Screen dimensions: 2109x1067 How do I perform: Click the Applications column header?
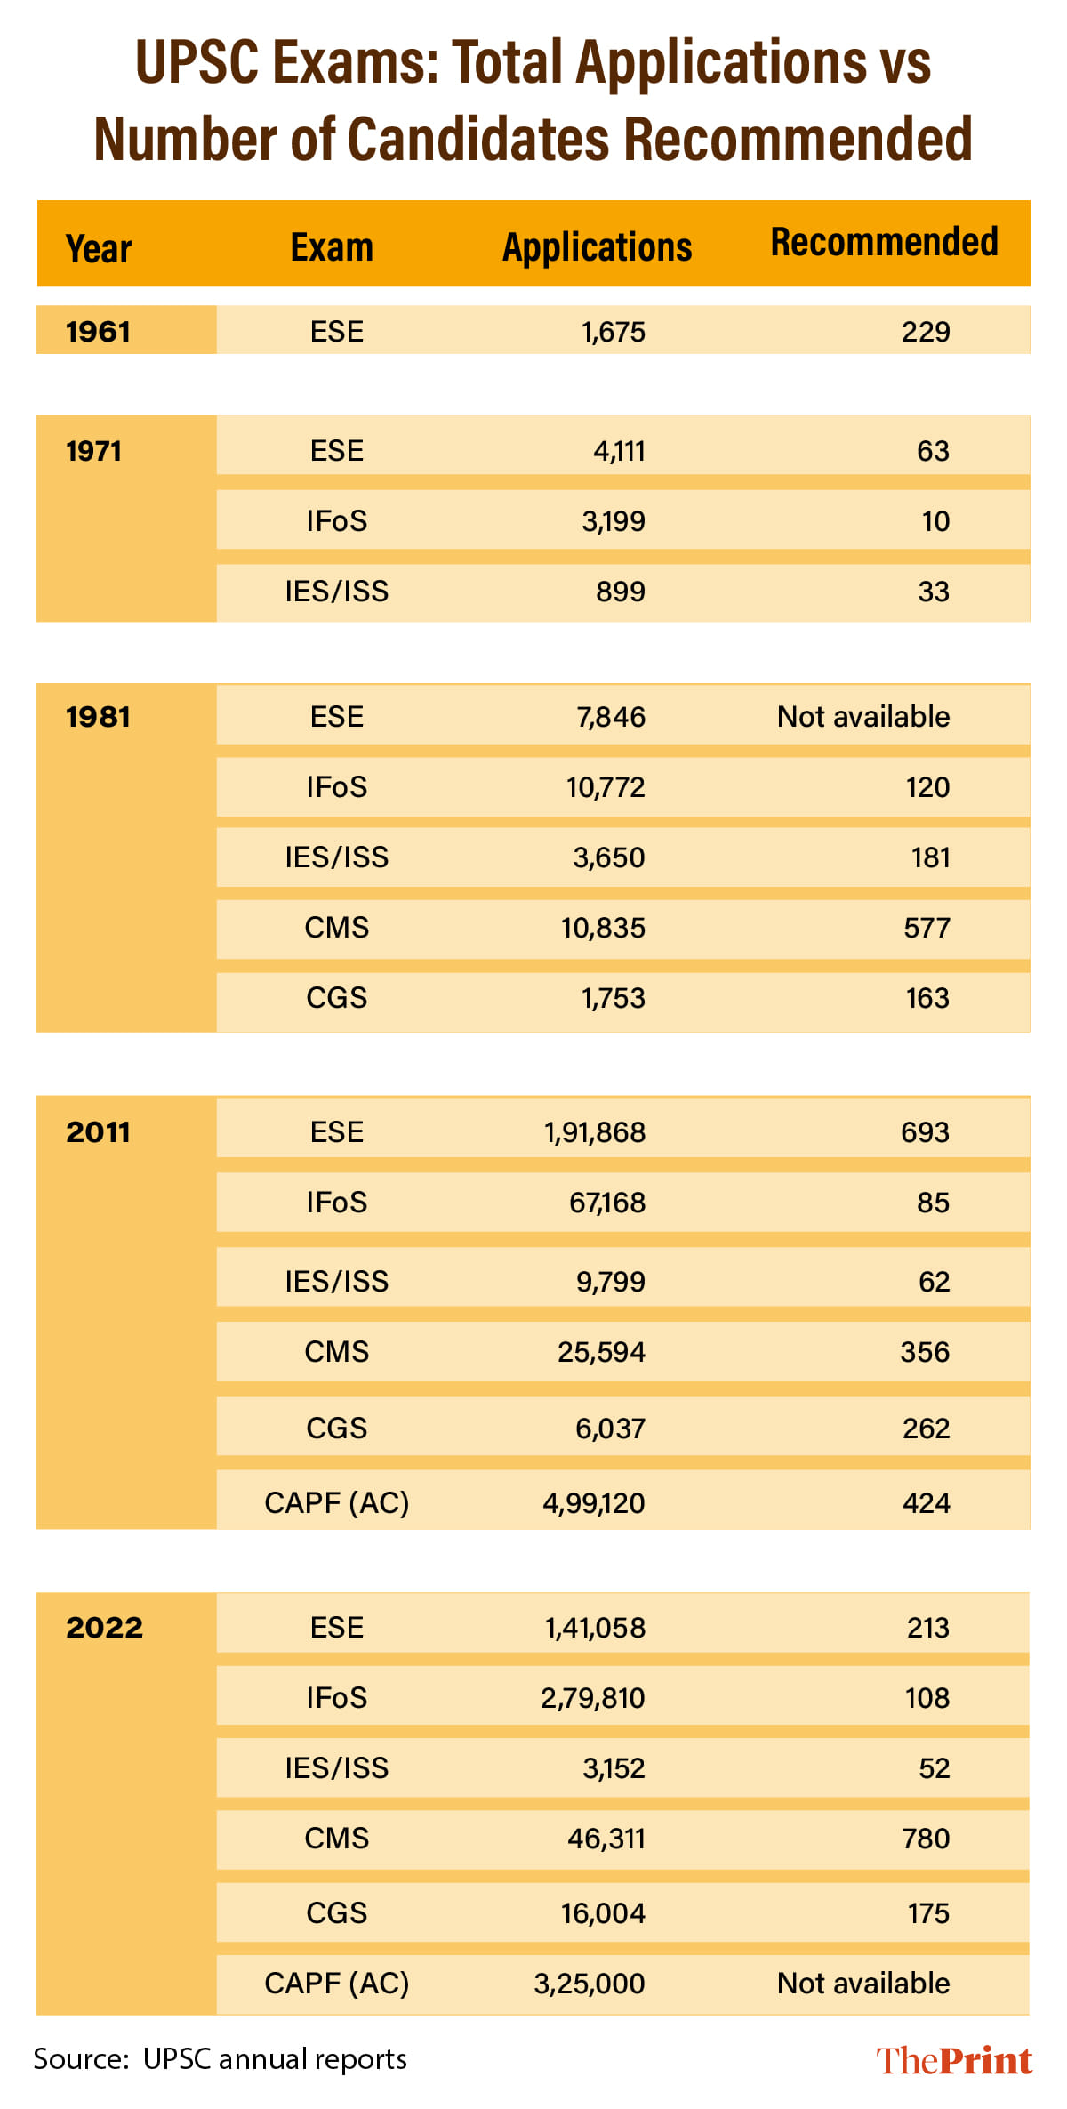[x=597, y=247]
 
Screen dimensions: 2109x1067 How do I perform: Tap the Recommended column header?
[x=884, y=242]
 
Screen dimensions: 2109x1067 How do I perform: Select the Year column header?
[x=99, y=249]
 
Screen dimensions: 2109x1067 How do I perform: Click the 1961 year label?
[x=99, y=332]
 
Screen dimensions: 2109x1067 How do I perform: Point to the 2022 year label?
[x=105, y=1628]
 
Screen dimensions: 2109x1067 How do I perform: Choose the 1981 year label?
[x=99, y=717]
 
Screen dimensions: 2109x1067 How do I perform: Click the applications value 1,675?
[x=613, y=332]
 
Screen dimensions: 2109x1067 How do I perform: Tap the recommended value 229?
[x=926, y=332]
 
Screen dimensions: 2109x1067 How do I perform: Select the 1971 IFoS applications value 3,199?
[x=613, y=521]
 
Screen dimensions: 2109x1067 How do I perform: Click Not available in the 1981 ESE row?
[x=863, y=717]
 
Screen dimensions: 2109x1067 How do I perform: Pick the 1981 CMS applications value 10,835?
[x=603, y=928]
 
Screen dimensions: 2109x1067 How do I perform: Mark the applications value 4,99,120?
[x=594, y=1503]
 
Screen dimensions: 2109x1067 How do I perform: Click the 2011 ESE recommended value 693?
[x=925, y=1132]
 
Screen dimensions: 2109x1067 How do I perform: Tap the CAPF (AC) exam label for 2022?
[x=337, y=1983]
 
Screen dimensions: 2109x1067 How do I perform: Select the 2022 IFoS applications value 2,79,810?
[x=593, y=1698]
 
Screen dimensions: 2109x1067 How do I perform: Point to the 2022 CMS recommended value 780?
[x=926, y=1839]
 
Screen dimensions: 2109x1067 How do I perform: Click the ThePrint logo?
[x=954, y=2060]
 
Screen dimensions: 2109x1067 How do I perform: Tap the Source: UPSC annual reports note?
[x=221, y=2059]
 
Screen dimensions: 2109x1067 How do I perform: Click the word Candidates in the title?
[x=478, y=139]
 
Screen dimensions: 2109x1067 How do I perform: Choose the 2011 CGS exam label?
[x=337, y=1429]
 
